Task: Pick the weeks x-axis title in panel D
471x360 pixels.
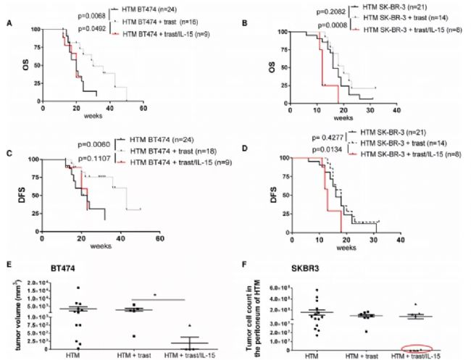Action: [342, 247]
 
